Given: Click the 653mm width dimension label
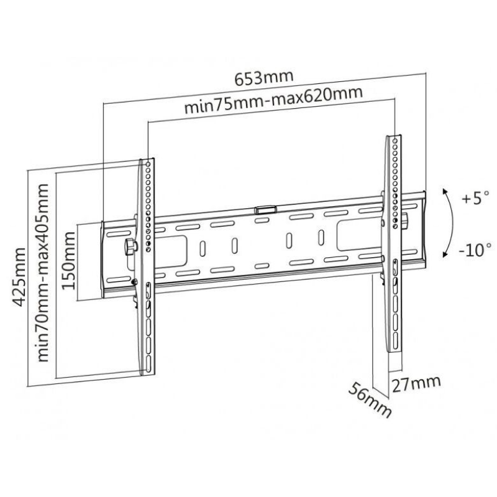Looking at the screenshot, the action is (x=264, y=78).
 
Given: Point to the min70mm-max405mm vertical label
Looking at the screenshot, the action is (x=43, y=272).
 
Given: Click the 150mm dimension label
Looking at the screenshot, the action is (x=69, y=260).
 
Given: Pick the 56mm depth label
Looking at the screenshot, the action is (x=370, y=399).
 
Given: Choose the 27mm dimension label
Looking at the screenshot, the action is (x=416, y=384).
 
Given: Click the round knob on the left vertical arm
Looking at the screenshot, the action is (x=130, y=247).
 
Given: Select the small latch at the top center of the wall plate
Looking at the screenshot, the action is (x=265, y=209).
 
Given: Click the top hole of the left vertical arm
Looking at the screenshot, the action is (x=148, y=165).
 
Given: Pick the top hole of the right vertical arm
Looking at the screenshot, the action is (x=394, y=140).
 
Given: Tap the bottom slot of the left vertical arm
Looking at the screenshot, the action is (x=148, y=364).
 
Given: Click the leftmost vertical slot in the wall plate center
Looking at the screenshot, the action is (x=203, y=249).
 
